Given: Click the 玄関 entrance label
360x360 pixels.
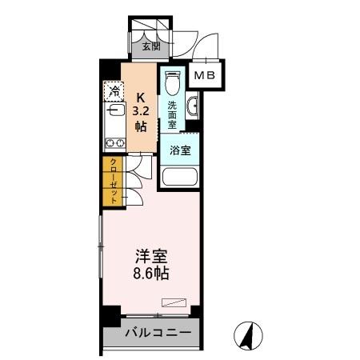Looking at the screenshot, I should tap(151, 46).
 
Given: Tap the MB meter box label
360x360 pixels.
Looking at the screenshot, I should tap(205, 76).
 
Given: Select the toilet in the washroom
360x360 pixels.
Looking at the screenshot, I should tap(170, 84).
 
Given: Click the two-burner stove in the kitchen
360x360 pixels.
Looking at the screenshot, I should tap(113, 144).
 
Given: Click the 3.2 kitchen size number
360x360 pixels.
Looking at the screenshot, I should tap(141, 110).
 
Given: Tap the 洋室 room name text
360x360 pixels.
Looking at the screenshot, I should tap(150, 257).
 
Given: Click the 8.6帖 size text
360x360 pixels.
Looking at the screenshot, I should tap(150, 274).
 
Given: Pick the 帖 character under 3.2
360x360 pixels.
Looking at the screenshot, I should tap(141, 126).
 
